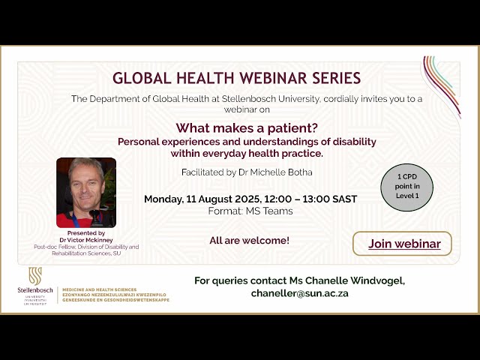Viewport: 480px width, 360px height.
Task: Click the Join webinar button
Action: coord(402,244)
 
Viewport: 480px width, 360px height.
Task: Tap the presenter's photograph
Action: coord(86,193)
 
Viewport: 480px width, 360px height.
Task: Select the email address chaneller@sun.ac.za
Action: coord(299,293)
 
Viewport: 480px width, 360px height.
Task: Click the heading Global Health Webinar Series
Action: coord(236,78)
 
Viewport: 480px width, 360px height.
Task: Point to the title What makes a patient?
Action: coord(247,127)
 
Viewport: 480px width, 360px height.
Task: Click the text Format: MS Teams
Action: coord(250,211)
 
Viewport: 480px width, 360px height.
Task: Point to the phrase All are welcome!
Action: coord(250,241)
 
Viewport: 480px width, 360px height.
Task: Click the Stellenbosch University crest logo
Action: coord(35,276)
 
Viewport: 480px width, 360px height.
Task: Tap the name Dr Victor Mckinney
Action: coord(85,239)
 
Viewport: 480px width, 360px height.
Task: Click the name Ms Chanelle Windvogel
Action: coord(352,280)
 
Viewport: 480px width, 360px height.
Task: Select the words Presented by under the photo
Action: coord(85,232)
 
